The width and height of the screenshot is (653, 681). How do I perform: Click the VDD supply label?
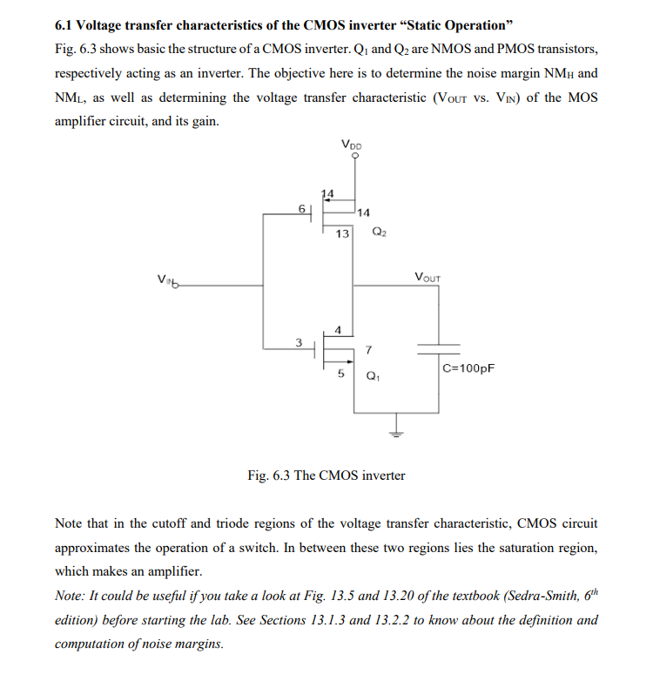click(353, 145)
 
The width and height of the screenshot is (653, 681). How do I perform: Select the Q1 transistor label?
click(373, 378)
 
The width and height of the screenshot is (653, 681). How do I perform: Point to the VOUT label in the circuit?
click(427, 278)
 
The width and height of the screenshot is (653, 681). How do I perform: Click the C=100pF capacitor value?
click(468, 368)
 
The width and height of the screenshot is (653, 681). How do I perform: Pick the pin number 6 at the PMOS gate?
click(301, 209)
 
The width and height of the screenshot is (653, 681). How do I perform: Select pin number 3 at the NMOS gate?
click(298, 341)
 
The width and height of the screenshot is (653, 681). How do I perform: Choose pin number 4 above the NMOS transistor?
click(338, 328)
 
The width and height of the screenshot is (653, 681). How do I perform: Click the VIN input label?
click(164, 280)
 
